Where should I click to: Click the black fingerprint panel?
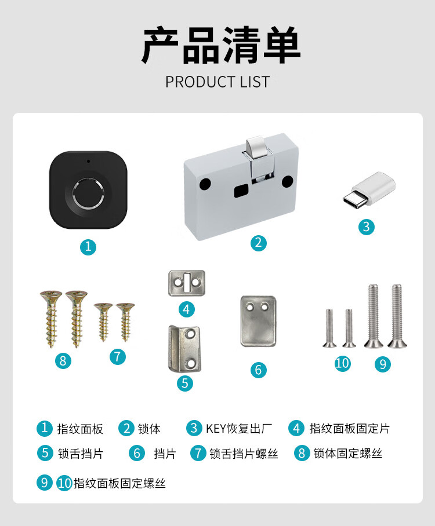tap(88, 190)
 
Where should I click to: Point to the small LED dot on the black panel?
tap(88, 162)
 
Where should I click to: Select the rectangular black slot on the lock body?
tap(241, 191)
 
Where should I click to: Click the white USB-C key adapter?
tap(369, 188)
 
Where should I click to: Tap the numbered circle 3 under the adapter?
tap(366, 227)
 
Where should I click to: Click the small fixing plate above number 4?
tap(187, 283)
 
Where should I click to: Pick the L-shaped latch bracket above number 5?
tap(184, 349)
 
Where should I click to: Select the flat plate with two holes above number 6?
tap(258, 321)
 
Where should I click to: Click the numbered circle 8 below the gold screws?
tap(63, 361)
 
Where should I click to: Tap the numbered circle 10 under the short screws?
tap(342, 363)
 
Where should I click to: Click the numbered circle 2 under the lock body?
tap(258, 243)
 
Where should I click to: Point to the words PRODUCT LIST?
tap(217, 82)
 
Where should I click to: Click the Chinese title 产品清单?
tap(221, 46)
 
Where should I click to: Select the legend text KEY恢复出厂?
tap(239, 429)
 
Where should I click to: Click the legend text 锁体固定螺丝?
tap(347, 454)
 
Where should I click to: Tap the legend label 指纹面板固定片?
tap(349, 429)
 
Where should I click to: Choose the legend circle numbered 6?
tap(137, 454)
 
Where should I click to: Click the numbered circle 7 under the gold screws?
tap(118, 357)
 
